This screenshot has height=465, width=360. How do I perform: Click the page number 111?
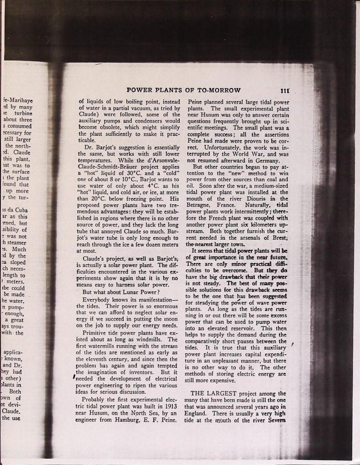[286, 90]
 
